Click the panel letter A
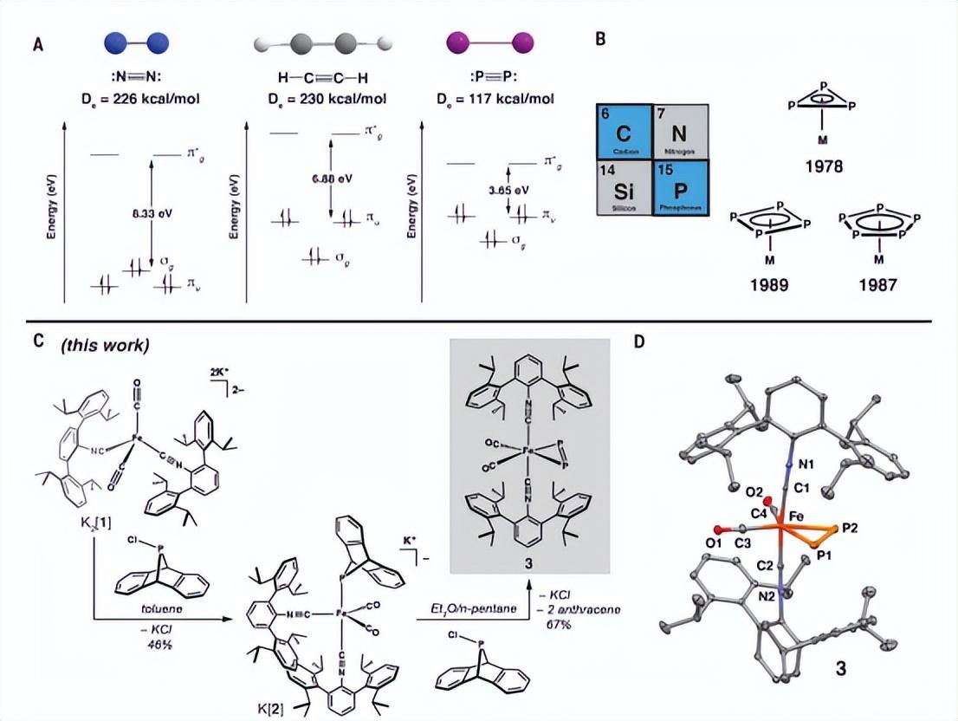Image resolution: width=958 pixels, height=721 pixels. pos(38,46)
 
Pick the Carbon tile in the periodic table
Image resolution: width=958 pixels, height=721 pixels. pos(624,133)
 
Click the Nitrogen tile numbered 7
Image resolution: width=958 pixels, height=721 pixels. pos(682,133)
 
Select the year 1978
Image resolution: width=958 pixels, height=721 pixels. pos(822,166)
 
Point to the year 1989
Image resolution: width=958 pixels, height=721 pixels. pos(770,284)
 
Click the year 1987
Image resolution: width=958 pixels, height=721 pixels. pos(879,284)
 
